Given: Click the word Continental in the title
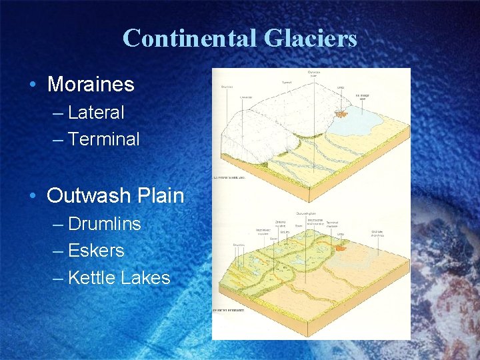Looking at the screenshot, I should pos(190,38).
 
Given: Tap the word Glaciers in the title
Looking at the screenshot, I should pos(310,38).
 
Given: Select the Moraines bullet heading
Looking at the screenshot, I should pos(91,85).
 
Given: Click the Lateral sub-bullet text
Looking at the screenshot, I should pos(96,113).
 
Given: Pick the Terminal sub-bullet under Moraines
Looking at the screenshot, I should pos(104,139).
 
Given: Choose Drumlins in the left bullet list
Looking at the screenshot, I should pos(105,223).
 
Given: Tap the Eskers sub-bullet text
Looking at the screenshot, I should pos(96,251).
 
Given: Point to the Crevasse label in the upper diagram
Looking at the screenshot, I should pos(246,97).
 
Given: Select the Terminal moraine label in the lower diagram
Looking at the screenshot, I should pos(332,225).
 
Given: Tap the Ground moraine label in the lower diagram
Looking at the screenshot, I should pos(281,224).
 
